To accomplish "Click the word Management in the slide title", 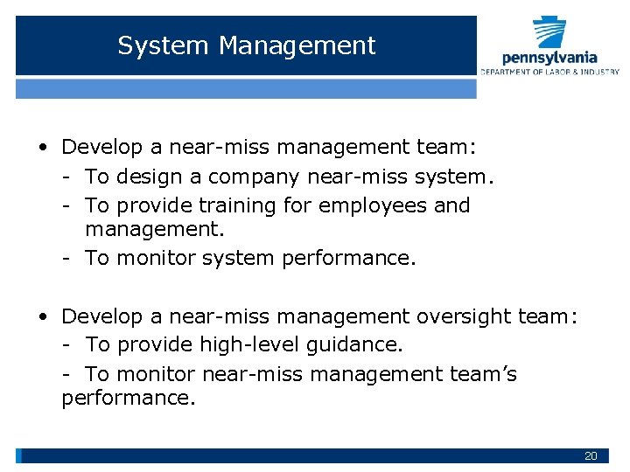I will point(297,45).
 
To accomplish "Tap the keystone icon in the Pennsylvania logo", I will point(549,33).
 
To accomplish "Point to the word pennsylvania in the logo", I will point(549,58).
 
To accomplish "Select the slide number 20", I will point(591,456).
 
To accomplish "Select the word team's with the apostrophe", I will point(482,374).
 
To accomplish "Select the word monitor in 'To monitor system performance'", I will point(157,259).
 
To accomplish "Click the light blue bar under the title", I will point(246,89).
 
